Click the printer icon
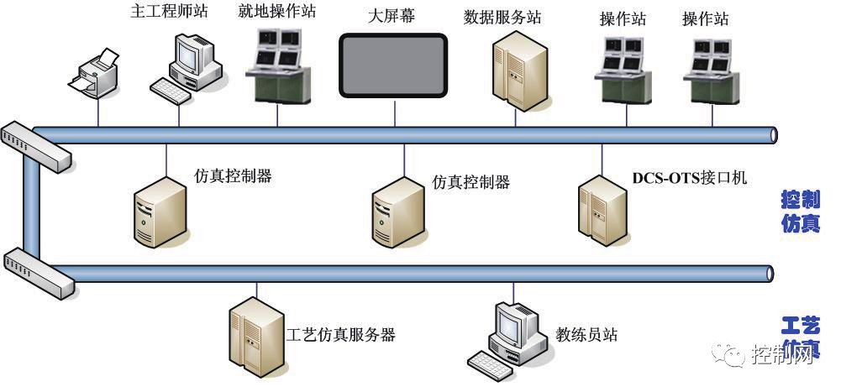coord(95,73)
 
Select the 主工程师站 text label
coord(169,13)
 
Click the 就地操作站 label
coord(278,13)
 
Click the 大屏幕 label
coord(392,16)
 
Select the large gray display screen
coord(392,65)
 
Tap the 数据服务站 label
coord(502,17)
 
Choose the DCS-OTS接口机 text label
coord(689,178)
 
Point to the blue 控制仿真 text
coord(800,212)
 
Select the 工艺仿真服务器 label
coord(341,334)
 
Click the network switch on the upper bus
coord(34,144)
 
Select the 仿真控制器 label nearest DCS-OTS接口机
coord(470,181)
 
